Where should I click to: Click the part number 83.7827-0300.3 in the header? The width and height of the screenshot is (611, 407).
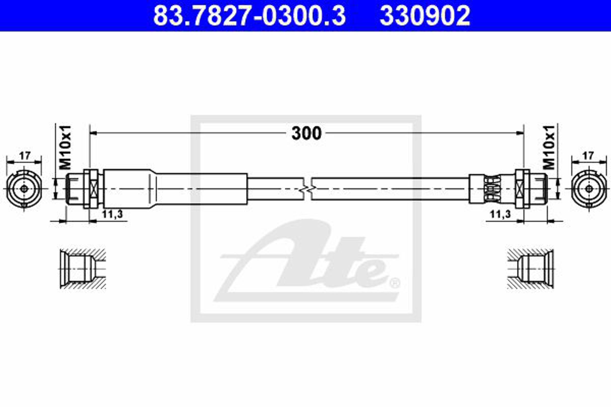(249, 16)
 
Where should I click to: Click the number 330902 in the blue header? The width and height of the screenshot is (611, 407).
(425, 16)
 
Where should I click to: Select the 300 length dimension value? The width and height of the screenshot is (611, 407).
(307, 133)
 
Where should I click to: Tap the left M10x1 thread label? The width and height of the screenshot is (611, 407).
(65, 148)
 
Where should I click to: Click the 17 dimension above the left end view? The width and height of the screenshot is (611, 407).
(24, 156)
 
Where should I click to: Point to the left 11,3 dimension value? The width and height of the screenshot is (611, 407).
(112, 214)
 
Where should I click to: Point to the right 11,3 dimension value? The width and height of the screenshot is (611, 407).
(500, 214)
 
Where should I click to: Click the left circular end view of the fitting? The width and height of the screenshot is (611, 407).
(24, 189)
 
